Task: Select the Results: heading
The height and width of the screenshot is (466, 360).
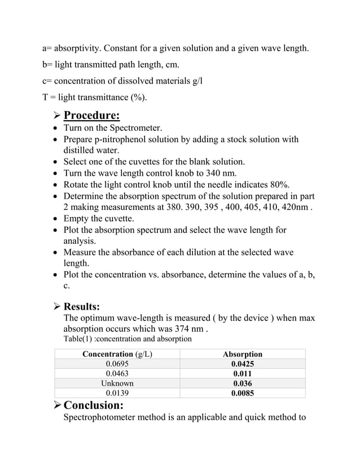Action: coord(82,307)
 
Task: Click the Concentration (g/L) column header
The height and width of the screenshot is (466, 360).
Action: coord(117,354)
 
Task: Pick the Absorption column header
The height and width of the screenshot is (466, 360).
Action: coord(242,354)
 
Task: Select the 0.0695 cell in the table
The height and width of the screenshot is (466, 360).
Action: coord(117,364)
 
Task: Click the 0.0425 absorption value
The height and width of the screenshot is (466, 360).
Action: coord(242,364)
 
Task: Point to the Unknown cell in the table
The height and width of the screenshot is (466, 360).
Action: coord(117,383)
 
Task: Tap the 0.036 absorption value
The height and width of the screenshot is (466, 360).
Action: coord(242,383)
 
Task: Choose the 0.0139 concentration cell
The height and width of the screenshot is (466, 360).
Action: coord(117,393)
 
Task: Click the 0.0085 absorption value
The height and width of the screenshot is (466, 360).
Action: coord(242,393)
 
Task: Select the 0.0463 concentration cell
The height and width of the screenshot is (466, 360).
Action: coord(117,373)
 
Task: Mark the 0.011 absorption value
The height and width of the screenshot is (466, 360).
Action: coord(242,373)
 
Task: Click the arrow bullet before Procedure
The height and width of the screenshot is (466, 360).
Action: coord(56,117)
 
